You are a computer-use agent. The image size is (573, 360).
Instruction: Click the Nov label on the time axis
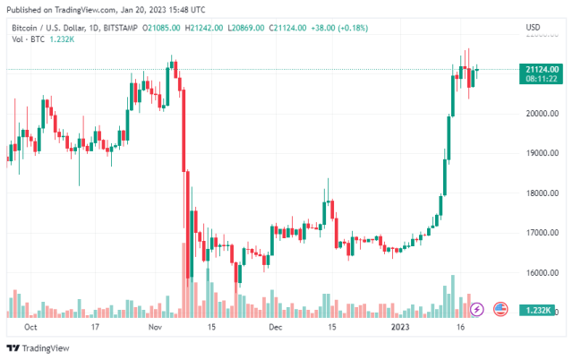(x=153, y=329)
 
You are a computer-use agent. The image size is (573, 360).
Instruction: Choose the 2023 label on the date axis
(x=399, y=329)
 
